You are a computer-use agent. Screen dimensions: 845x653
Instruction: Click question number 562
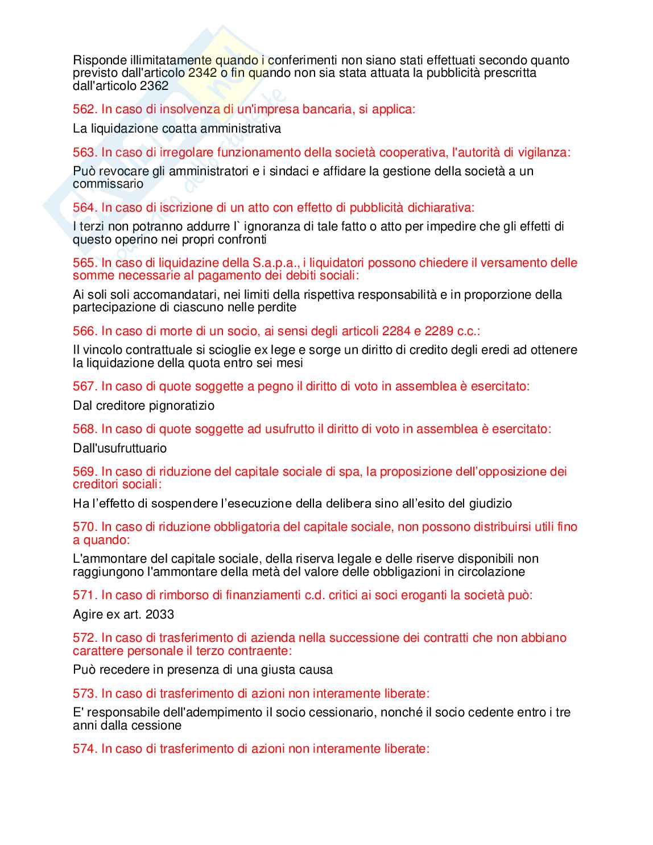pos(85,109)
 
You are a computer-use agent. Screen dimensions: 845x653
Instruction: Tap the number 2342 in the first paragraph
pos(202,73)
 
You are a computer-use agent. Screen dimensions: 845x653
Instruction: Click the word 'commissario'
pos(108,184)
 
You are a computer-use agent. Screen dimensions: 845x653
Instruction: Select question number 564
pos(85,208)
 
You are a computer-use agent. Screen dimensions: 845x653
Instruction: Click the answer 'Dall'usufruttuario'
pos(120,448)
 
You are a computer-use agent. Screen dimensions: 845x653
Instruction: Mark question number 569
pos(85,472)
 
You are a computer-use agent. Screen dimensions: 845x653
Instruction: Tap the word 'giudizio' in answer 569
pos(490,504)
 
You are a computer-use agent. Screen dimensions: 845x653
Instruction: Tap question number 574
pos(85,749)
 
